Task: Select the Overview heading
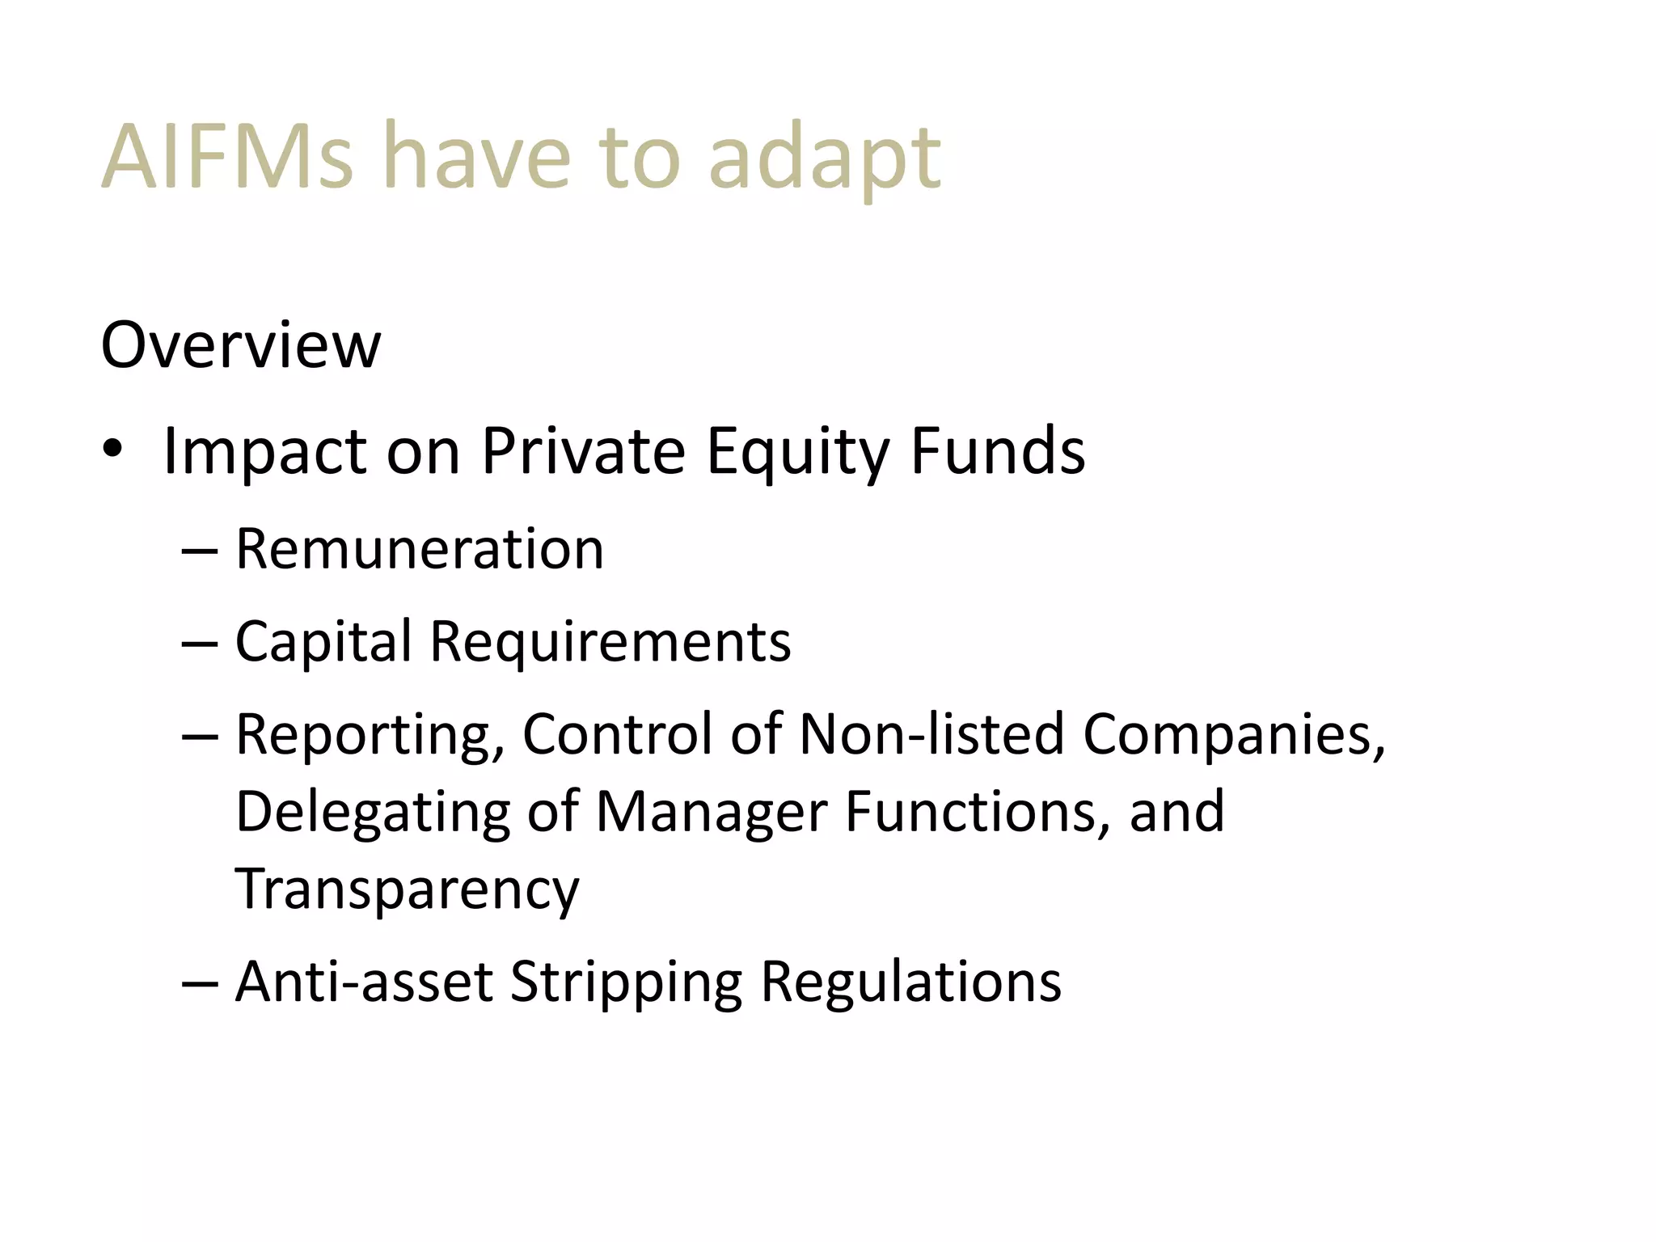(240, 345)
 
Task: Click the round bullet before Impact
(112, 449)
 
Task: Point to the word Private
(583, 450)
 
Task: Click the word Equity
(797, 452)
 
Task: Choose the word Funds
(998, 450)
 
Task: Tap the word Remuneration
(420, 549)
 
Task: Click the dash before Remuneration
(199, 551)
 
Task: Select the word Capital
(323, 642)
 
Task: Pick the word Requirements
(610, 642)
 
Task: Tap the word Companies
(1234, 735)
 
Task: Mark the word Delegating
(373, 812)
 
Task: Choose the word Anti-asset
(364, 982)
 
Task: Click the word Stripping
(626, 983)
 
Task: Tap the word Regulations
(910, 982)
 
